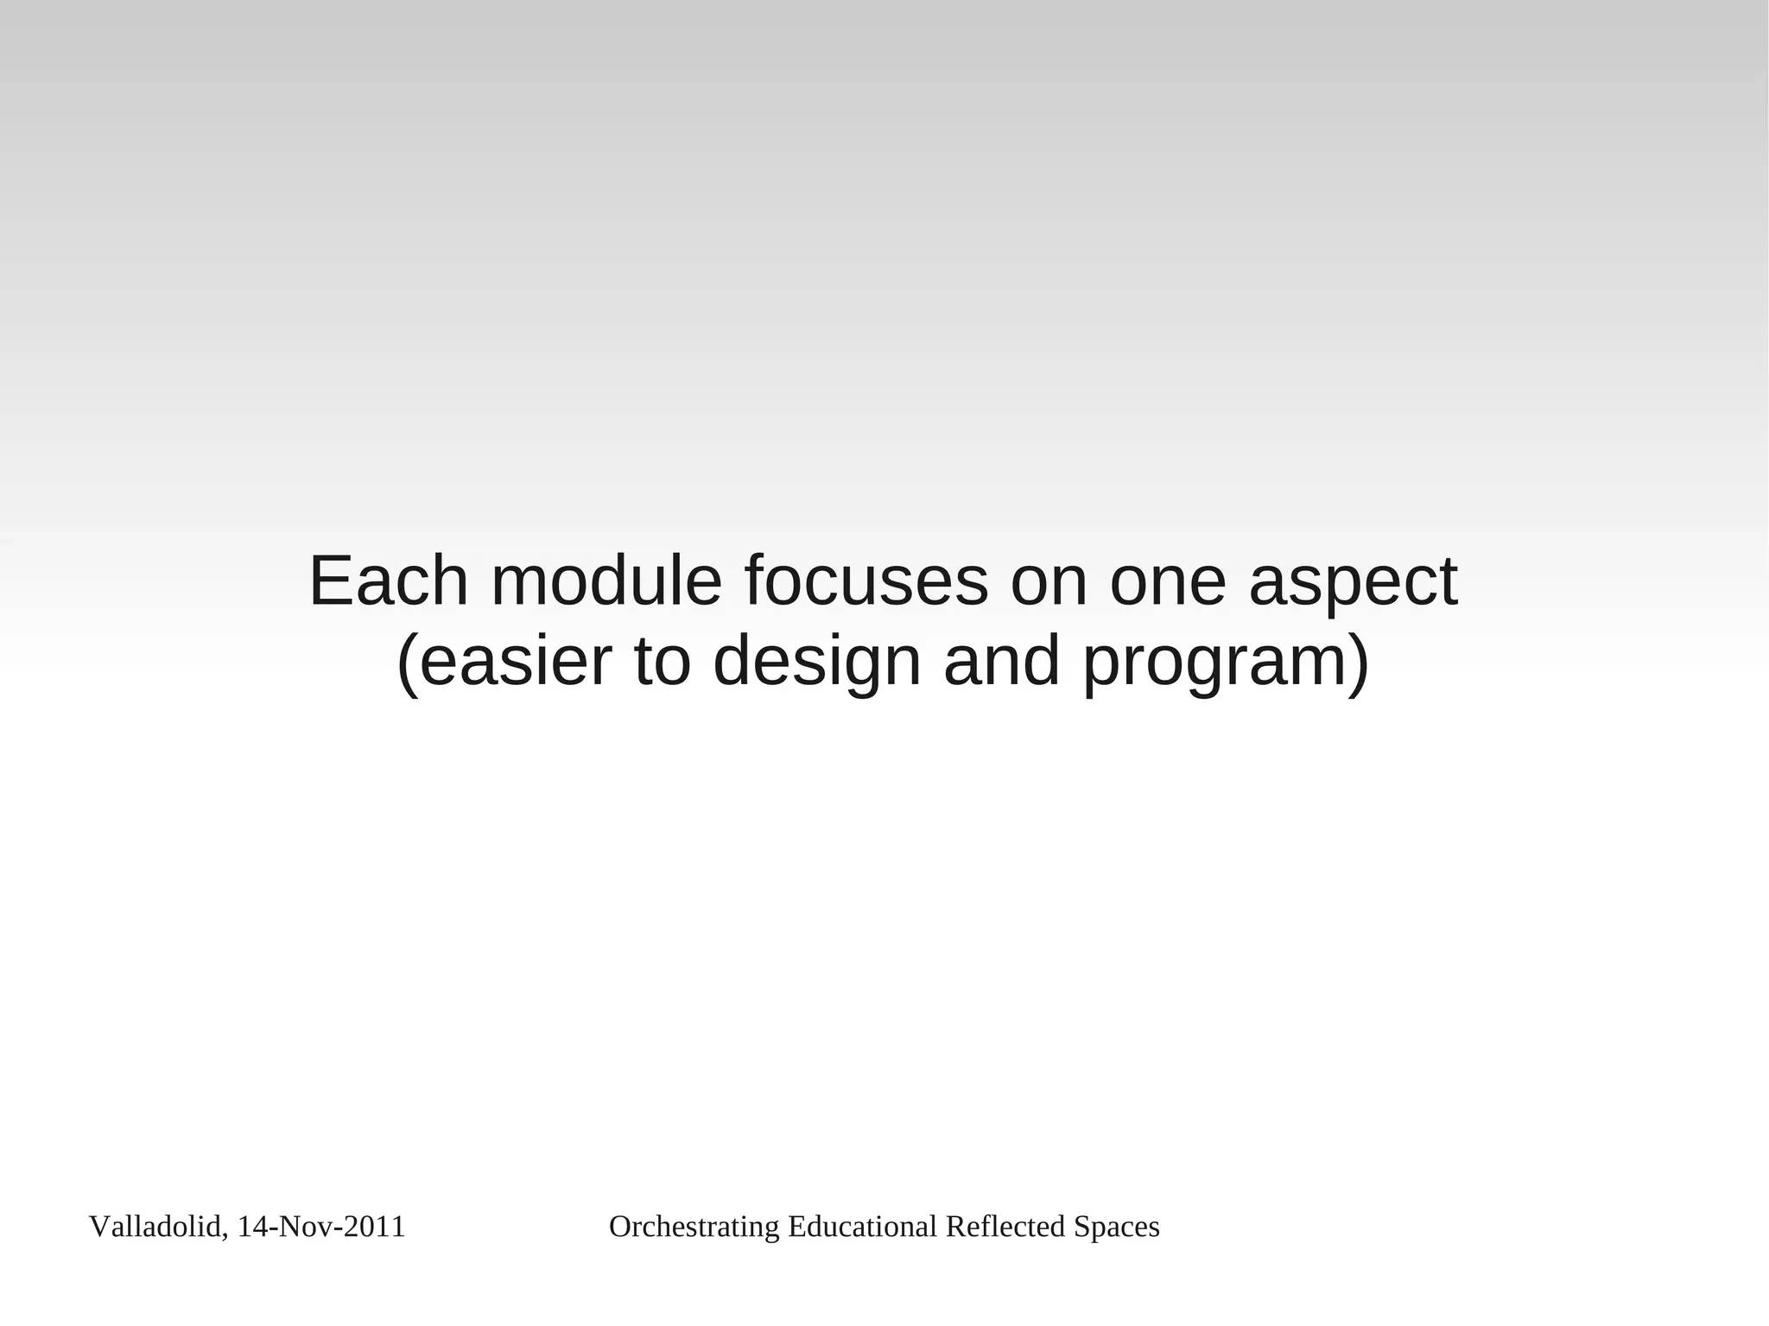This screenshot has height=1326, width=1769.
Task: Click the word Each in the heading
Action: point(389,581)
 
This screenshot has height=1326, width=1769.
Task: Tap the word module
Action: point(606,581)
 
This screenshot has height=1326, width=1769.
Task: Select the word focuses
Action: point(865,581)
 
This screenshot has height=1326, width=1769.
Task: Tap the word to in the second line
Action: point(663,661)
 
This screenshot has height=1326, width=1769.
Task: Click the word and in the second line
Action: point(1001,661)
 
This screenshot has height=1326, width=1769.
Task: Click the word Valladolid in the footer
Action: point(155,1227)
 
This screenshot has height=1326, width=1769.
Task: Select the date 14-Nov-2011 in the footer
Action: point(321,1227)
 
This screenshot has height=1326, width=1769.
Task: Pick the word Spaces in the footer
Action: point(1117,1228)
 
